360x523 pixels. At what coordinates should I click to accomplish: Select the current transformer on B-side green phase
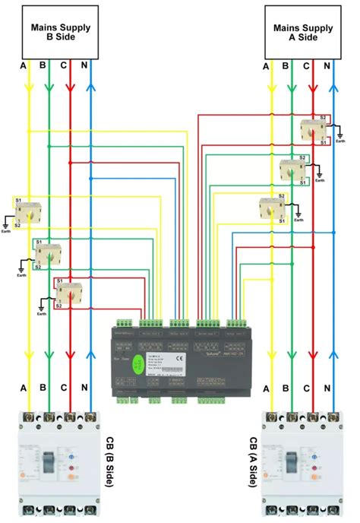coord(49,252)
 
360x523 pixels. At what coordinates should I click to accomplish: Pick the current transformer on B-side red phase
coord(70,292)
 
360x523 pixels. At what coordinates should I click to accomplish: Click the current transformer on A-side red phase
coord(312,130)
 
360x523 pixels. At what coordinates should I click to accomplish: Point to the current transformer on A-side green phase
coord(292,170)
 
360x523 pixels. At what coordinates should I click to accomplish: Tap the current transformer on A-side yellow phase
coord(270,209)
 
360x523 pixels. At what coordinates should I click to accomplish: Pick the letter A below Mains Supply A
coord(266,67)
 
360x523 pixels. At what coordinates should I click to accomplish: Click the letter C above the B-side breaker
coord(64,388)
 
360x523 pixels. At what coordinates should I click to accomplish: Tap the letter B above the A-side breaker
coord(286,388)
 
